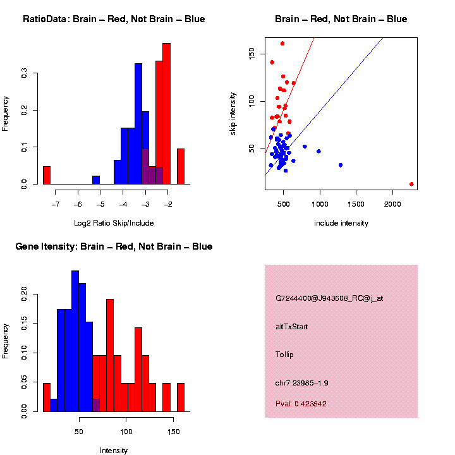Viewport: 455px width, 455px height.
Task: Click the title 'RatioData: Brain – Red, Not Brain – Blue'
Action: [x=114, y=19]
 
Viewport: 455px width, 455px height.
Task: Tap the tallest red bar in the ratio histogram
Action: [x=167, y=114]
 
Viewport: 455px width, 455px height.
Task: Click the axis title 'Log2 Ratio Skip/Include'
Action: [x=114, y=223]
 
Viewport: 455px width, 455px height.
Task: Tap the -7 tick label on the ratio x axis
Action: [x=56, y=205]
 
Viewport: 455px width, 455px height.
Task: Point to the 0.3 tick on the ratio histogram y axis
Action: [x=25, y=73]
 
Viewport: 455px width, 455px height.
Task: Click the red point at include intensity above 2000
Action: [x=411, y=184]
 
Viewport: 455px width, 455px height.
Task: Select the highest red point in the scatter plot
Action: [x=282, y=44]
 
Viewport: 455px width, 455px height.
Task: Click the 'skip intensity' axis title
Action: [x=233, y=112]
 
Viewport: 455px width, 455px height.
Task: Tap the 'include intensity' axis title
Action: [x=341, y=223]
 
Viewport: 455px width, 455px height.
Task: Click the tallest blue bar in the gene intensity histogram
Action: [x=75, y=341]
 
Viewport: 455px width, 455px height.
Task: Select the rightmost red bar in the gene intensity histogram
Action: [x=181, y=397]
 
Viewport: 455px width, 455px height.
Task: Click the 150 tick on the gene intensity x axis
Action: [x=173, y=432]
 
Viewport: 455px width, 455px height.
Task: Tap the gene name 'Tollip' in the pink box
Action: [x=286, y=354]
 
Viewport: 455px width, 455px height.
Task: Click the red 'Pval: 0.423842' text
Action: [x=301, y=403]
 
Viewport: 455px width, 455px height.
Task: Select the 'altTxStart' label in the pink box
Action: [x=291, y=327]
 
